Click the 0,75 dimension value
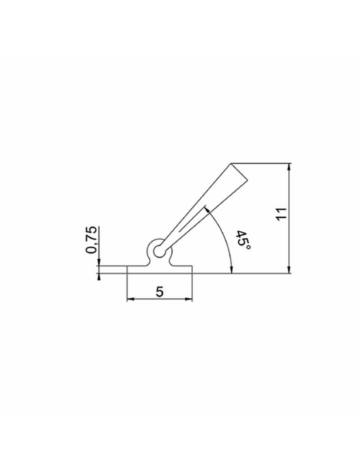pyautogui.click(x=91, y=240)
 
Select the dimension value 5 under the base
pyautogui.click(x=160, y=292)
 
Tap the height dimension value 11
pyautogui.click(x=282, y=215)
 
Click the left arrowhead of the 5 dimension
pyautogui.click(x=130, y=299)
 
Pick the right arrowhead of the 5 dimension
pyautogui.click(x=189, y=299)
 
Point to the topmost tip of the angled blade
pyautogui.click(x=231, y=163)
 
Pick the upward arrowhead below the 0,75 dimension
pyautogui.click(x=98, y=276)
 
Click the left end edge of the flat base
pyautogui.click(x=127, y=269)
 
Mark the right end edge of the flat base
pyautogui.click(x=193, y=269)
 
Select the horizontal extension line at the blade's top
pyautogui.click(x=261, y=163)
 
